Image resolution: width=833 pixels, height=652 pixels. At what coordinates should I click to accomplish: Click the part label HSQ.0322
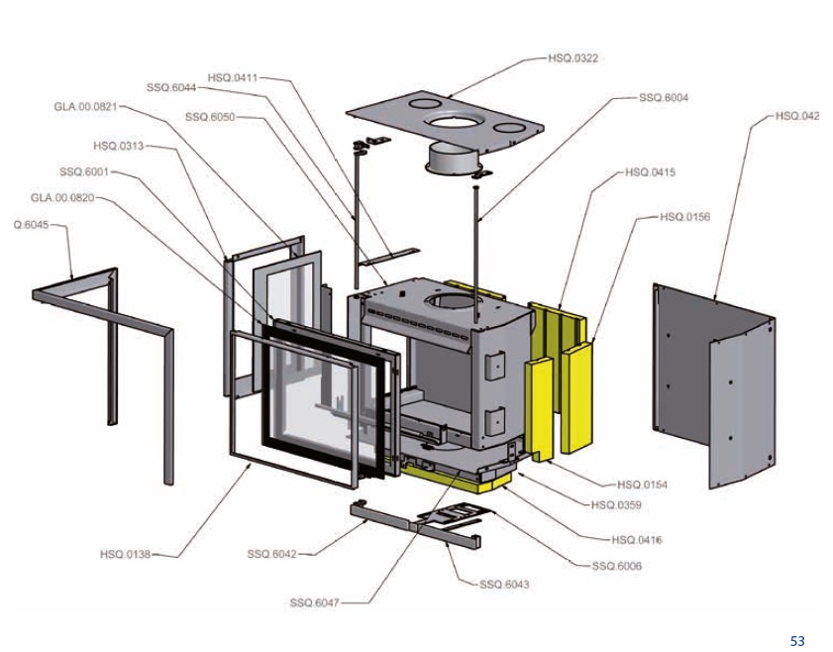[573, 58]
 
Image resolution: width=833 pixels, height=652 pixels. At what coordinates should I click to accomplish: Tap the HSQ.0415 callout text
[651, 172]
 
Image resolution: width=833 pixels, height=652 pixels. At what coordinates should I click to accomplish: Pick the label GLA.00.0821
[85, 106]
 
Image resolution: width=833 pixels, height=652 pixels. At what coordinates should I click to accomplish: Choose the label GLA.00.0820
[62, 197]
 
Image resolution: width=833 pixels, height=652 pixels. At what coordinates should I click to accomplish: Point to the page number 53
[797, 641]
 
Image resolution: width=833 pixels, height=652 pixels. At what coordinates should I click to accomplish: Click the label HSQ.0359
[615, 504]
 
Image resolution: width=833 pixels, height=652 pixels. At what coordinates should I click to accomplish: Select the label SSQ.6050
[210, 117]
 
